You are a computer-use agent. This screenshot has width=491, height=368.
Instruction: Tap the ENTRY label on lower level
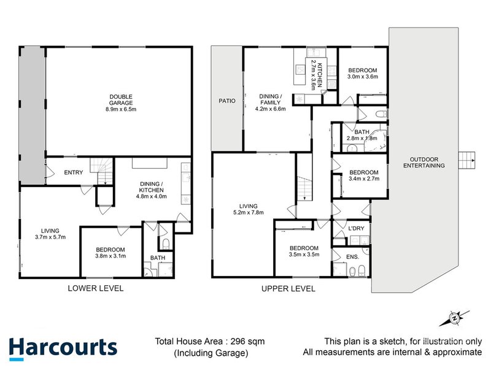74,172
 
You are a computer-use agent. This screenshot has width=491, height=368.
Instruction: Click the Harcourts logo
62,348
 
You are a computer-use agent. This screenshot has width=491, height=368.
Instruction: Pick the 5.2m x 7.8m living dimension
249,213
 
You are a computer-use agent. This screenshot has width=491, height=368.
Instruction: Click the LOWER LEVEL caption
96,288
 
